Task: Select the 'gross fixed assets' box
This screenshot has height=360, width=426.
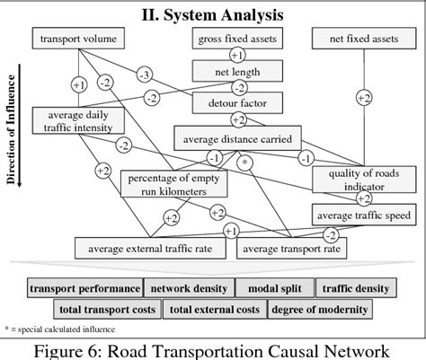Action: pos(239,39)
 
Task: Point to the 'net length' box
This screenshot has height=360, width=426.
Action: pos(239,69)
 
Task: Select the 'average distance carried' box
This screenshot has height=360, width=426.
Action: pos(238,138)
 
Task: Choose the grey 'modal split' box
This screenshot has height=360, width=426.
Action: pos(275,288)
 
